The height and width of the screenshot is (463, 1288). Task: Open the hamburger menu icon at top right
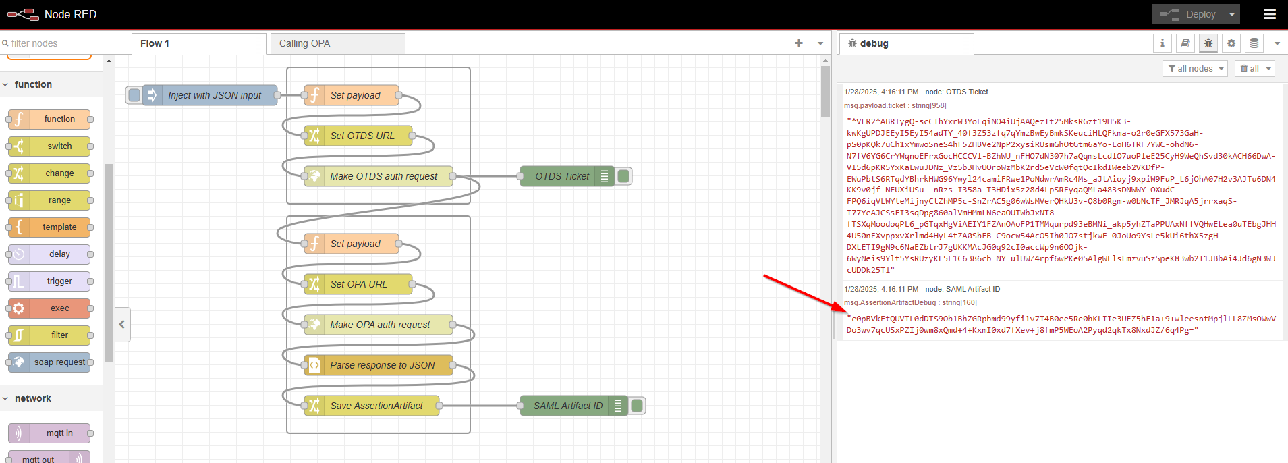1269,14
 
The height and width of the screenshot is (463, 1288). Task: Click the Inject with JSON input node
213,95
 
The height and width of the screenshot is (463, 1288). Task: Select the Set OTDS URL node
362,136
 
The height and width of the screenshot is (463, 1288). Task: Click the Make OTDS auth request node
383,176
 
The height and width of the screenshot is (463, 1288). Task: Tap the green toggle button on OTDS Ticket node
624,176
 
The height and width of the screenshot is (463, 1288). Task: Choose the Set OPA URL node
358,284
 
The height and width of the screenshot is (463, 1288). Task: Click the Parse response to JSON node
382,365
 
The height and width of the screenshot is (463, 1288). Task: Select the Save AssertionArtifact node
376,406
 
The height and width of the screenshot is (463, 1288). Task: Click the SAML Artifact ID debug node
567,406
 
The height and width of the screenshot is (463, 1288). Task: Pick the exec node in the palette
59,308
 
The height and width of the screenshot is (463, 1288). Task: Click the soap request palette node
59,362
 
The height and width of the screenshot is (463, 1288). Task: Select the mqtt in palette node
59,433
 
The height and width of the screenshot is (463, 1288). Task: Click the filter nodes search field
57,43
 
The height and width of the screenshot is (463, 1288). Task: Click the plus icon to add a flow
799,43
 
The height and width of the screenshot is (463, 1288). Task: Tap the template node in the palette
59,227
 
